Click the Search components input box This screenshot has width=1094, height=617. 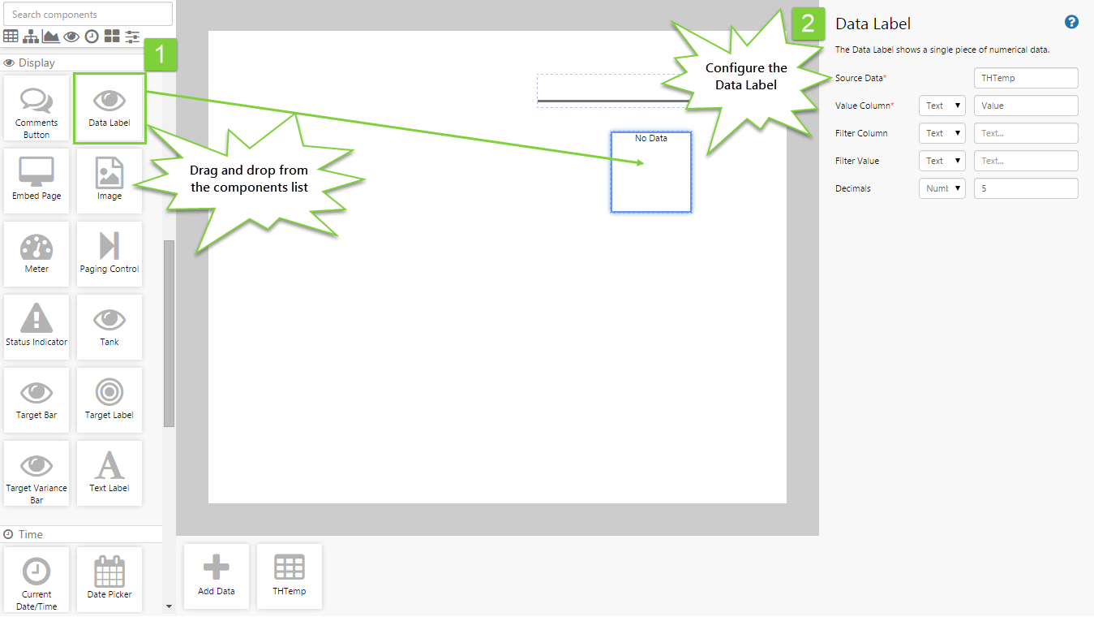click(88, 14)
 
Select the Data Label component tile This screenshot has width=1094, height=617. click(109, 108)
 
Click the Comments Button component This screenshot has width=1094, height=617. click(36, 108)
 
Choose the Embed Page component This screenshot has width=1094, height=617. click(36, 181)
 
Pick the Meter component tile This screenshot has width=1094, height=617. click(36, 254)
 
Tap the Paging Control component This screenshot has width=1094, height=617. click(109, 254)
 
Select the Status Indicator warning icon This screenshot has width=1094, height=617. click(36, 317)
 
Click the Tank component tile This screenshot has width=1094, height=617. click(109, 326)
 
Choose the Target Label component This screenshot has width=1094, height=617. click(109, 400)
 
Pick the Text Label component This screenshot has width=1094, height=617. click(109, 472)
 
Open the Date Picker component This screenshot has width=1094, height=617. click(109, 580)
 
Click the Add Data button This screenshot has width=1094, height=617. click(217, 576)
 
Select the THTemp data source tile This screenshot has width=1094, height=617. click(290, 576)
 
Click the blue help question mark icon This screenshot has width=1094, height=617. click(1071, 22)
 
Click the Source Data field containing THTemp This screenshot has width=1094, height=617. click(1026, 78)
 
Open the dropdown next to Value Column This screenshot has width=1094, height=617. click(942, 106)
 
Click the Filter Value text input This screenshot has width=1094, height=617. click(1026, 161)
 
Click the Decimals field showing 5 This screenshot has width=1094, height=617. click(1026, 188)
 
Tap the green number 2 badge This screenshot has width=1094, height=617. click(809, 24)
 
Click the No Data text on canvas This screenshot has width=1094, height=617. click(651, 138)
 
